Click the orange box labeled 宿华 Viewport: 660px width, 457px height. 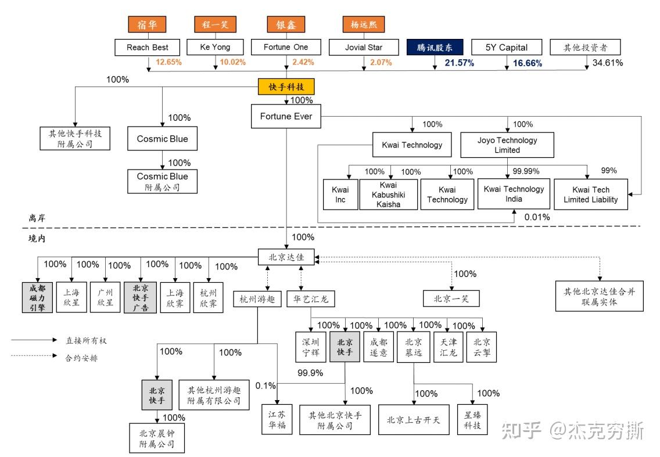pyautogui.click(x=147, y=24)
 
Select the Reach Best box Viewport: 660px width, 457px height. pyautogui.click(x=147, y=47)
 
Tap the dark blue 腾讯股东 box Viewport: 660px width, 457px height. pyautogui.click(x=434, y=47)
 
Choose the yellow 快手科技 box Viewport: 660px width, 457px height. pyautogui.click(x=286, y=87)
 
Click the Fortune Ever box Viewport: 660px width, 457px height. pyautogui.click(x=286, y=116)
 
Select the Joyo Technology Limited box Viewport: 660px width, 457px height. pyautogui.click(x=507, y=145)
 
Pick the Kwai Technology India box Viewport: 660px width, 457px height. pyautogui.click(x=514, y=194)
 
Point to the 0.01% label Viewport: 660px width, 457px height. pyautogui.click(x=537, y=217)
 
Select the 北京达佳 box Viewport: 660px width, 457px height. pyautogui.click(x=286, y=256)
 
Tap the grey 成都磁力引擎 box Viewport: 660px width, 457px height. pyautogui.click(x=37, y=298)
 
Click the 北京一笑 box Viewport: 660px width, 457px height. pyautogui.click(x=451, y=299)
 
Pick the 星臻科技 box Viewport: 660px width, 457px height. pyautogui.click(x=473, y=419)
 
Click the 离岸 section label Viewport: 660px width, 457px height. pyautogui.click(x=37, y=218)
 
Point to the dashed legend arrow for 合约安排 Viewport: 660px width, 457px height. pyautogui.click(x=35, y=358)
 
